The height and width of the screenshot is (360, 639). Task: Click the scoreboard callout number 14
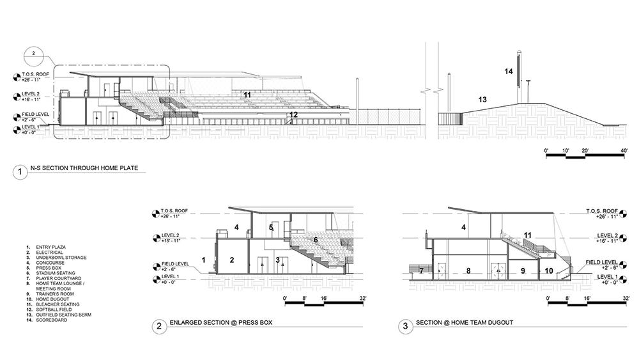[x=509, y=72]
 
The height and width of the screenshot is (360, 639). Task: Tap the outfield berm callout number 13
[x=482, y=99]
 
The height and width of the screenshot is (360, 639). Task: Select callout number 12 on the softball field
[x=293, y=115]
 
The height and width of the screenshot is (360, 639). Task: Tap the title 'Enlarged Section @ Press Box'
[x=221, y=324]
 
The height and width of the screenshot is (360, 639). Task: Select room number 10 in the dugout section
[x=549, y=271]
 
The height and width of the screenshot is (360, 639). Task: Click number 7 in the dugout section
[x=422, y=271]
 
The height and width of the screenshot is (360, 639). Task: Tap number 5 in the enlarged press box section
[x=271, y=227]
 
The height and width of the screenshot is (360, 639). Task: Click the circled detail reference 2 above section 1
[x=35, y=53]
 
